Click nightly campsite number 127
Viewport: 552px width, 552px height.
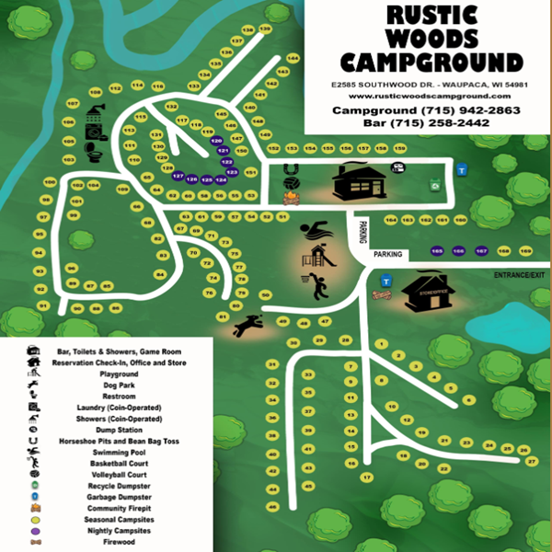pyautogui.click(x=178, y=176)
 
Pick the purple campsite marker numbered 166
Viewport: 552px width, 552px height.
pyautogui.click(x=458, y=250)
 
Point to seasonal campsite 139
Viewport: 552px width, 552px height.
pyautogui.click(x=265, y=29)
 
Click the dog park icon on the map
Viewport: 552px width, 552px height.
pyautogui.click(x=248, y=326)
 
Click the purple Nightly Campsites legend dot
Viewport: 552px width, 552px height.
pyautogui.click(x=34, y=531)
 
